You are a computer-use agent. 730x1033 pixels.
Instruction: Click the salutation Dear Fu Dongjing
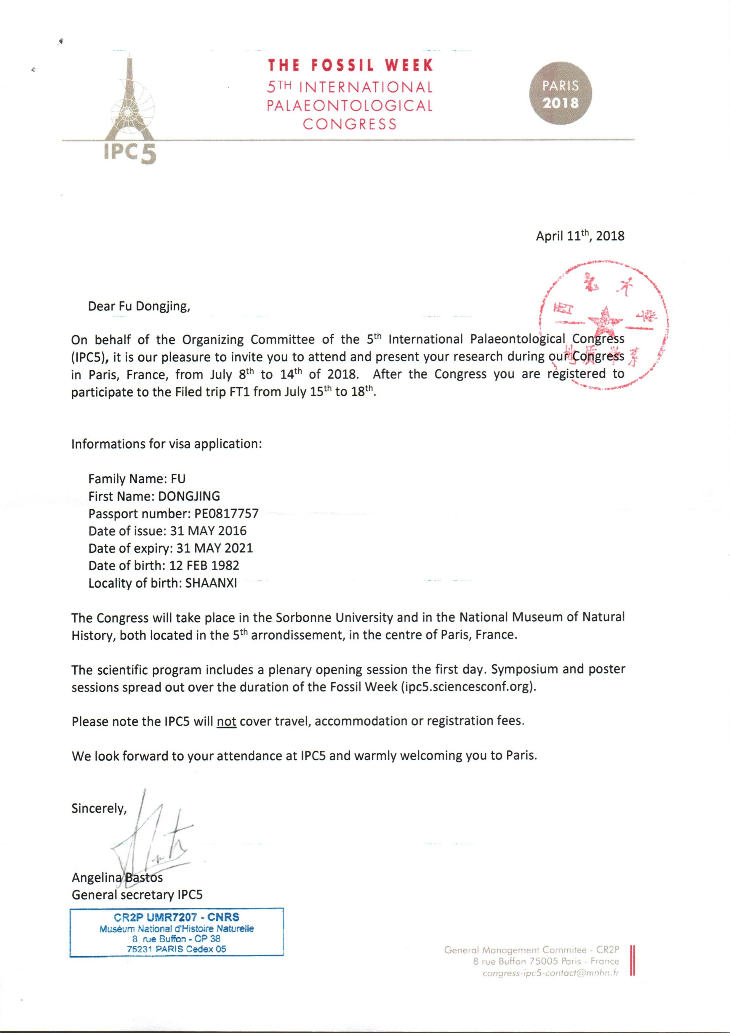[x=139, y=307]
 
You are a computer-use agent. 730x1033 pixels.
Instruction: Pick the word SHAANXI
[x=211, y=583]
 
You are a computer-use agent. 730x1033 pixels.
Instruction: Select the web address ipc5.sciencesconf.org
[x=468, y=687]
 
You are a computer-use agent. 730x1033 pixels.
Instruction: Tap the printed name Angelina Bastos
[x=117, y=877]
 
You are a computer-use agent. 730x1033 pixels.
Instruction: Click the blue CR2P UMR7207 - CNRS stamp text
[x=176, y=917]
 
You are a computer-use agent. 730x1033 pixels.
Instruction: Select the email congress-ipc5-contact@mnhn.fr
[x=550, y=973]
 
